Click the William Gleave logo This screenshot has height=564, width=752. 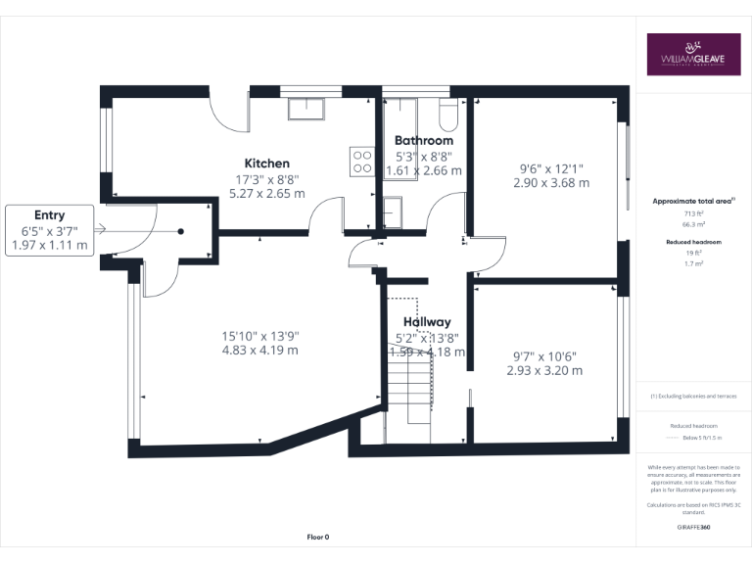pyautogui.click(x=693, y=55)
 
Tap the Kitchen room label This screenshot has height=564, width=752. pyautogui.click(x=266, y=163)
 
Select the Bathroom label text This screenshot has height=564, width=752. pyautogui.click(x=424, y=141)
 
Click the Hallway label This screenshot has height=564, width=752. pyautogui.click(x=427, y=321)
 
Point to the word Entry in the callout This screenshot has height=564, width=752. pyautogui.click(x=49, y=215)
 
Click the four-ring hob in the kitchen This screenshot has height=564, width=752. pyautogui.click(x=362, y=161)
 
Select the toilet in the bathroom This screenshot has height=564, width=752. pyautogui.click(x=449, y=117)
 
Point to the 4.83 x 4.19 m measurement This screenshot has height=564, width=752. pyautogui.click(x=259, y=350)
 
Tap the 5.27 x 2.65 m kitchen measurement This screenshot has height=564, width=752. pyautogui.click(x=266, y=193)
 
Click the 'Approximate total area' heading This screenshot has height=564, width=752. pyautogui.click(x=692, y=201)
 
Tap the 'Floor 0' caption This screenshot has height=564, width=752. pyautogui.click(x=317, y=538)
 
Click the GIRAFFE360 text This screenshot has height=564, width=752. pyautogui.click(x=693, y=527)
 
